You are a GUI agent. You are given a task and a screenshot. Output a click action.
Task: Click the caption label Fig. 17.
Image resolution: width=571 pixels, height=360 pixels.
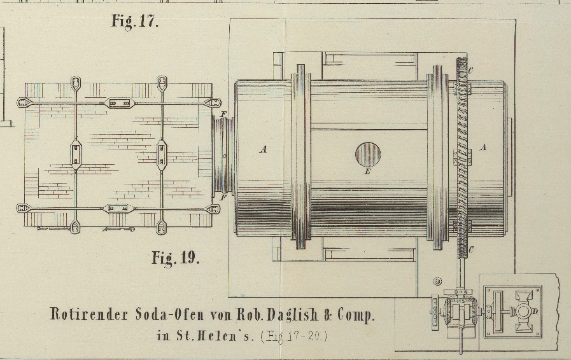tap(134, 21)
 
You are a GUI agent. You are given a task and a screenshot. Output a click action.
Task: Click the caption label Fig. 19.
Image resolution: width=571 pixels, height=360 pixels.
tap(175, 258)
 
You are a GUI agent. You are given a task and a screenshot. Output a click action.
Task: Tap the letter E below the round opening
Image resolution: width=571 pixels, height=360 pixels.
tap(367, 171)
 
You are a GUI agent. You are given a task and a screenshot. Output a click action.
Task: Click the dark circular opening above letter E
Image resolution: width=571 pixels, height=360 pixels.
tap(367, 153)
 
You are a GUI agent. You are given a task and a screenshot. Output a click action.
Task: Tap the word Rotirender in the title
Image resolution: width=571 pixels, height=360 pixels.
tap(89, 314)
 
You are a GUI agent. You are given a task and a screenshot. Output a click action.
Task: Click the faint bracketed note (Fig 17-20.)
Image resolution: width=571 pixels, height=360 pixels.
tap(294, 336)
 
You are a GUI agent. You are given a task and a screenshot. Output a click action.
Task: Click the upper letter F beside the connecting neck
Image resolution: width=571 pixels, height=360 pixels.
tap(223, 114)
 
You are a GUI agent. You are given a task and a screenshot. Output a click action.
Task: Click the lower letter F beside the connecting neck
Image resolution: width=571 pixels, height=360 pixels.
tap(223, 198)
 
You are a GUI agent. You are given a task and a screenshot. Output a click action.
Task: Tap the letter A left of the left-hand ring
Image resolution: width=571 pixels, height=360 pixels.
tap(263, 150)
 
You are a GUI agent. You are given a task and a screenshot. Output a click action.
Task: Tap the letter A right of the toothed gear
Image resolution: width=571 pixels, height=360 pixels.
tap(483, 148)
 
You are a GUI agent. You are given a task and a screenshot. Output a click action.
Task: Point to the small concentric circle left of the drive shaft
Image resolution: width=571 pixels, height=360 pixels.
tap(437, 281)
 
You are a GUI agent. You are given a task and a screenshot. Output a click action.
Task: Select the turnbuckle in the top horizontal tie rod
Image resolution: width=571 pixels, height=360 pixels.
tap(119, 102)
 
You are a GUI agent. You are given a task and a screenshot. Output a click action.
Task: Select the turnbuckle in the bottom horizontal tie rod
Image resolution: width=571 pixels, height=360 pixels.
tap(119, 208)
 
